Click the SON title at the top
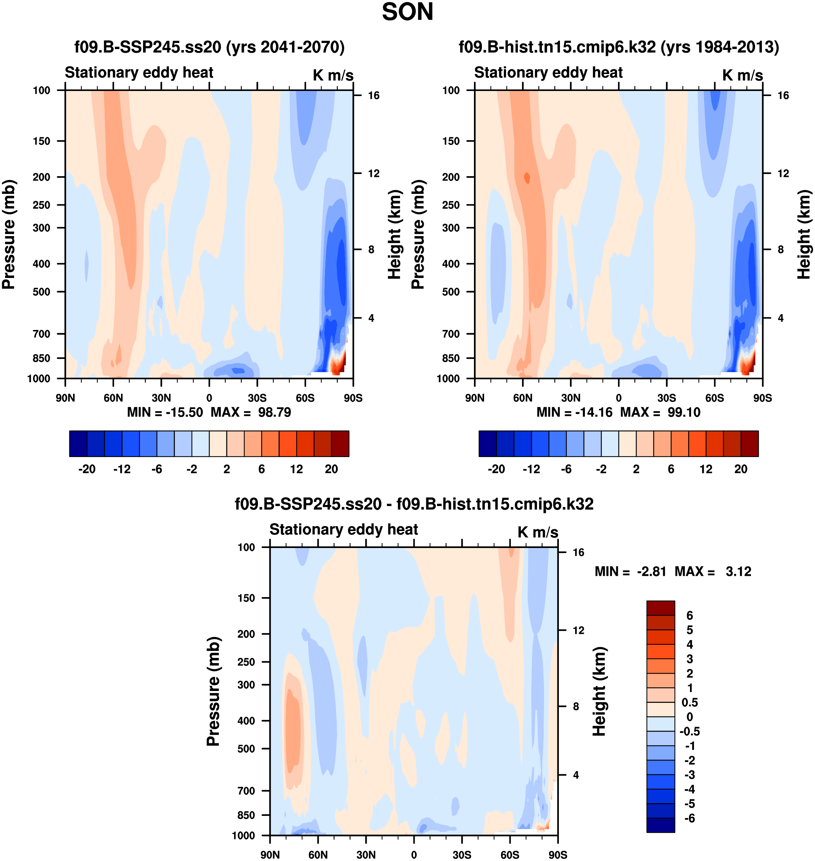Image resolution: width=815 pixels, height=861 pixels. pyautogui.click(x=407, y=12)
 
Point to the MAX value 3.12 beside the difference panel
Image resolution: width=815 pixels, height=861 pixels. pyautogui.click(x=738, y=571)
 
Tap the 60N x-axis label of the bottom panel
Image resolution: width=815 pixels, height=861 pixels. pyautogui.click(x=318, y=855)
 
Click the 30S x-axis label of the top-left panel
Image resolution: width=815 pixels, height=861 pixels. pyautogui.click(x=257, y=398)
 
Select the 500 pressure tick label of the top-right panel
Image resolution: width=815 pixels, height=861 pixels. pyautogui.click(x=450, y=292)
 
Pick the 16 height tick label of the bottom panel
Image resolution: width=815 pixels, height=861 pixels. pyautogui.click(x=578, y=552)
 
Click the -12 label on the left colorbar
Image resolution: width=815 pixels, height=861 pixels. pyautogui.click(x=122, y=469)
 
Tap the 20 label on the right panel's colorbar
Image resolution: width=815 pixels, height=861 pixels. pyautogui.click(x=741, y=469)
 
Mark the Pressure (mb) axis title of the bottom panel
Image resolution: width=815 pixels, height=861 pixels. pyautogui.click(x=213, y=691)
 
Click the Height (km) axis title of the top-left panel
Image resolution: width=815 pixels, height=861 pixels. pyautogui.click(x=394, y=234)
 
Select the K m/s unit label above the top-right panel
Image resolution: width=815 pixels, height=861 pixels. pyautogui.click(x=742, y=75)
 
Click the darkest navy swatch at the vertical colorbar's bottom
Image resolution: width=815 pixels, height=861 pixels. pyautogui.click(x=660, y=825)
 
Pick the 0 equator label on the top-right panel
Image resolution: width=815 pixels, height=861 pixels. pyautogui.click(x=618, y=398)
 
